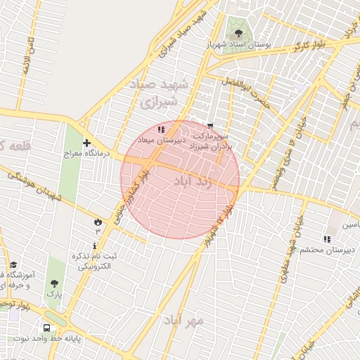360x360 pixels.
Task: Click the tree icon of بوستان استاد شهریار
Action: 236,32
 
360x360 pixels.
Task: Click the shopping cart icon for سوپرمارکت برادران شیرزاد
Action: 210,126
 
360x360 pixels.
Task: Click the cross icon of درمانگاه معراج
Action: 86,143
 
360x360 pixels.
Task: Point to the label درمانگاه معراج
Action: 84,153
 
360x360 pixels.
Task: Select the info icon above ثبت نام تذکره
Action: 75,245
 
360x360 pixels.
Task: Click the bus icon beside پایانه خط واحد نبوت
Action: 46,328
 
